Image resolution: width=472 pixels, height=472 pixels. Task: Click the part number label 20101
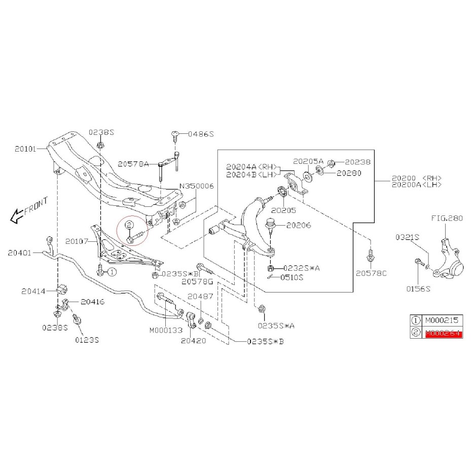[25, 149]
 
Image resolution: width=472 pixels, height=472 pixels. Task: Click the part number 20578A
[133, 164]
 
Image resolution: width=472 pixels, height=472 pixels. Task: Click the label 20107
[77, 241]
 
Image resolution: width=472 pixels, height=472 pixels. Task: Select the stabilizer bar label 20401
[20, 251]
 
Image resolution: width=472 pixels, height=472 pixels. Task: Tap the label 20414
[32, 291]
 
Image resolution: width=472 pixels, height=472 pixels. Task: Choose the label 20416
[93, 302]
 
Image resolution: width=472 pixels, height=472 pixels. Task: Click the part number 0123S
[86, 340]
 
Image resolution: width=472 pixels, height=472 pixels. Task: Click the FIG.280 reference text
[447, 220]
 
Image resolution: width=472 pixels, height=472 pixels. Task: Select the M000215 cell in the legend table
[442, 320]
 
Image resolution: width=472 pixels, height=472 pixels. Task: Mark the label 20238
[358, 162]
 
